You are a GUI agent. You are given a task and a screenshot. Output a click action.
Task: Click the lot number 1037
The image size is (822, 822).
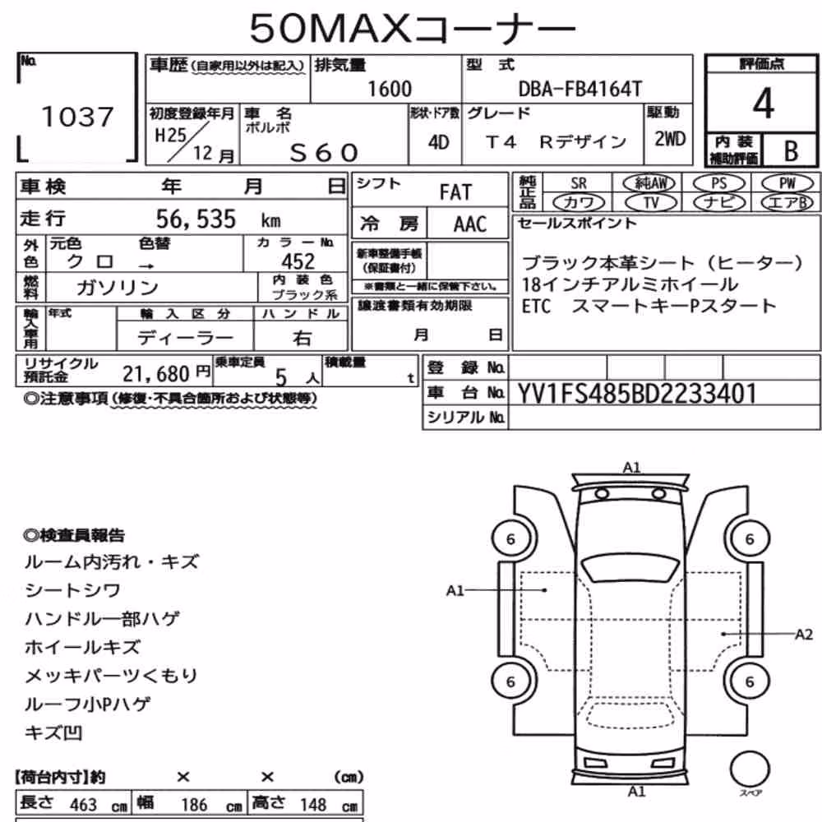click(77, 117)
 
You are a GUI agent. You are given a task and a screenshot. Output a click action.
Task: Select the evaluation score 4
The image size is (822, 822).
click(764, 104)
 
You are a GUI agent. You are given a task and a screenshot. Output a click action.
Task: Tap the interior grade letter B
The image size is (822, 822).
click(791, 151)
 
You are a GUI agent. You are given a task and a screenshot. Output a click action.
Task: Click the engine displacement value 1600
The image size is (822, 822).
click(390, 89)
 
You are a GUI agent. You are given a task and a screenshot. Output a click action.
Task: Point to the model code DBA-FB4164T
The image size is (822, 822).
click(580, 89)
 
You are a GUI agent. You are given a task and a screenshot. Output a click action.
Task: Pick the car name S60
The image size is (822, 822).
click(324, 153)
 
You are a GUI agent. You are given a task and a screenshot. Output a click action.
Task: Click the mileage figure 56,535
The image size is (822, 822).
click(196, 219)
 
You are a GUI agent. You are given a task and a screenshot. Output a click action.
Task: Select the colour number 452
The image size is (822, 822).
click(298, 261)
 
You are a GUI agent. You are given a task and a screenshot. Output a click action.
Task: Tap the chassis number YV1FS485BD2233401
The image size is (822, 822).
click(637, 393)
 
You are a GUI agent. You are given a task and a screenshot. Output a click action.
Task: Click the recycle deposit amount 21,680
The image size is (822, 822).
click(155, 374)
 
